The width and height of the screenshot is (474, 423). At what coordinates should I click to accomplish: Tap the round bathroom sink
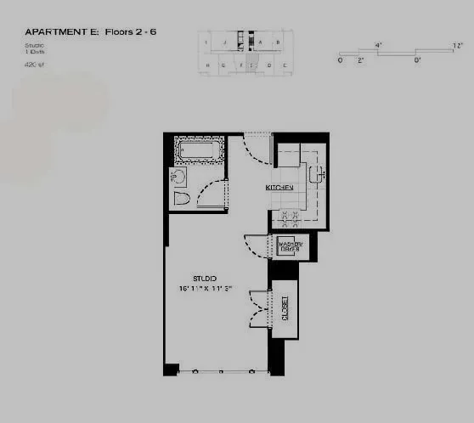coord(178,177)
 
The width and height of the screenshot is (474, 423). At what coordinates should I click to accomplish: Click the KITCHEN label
coord(279,188)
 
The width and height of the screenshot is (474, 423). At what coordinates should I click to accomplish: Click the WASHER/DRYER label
coord(291,246)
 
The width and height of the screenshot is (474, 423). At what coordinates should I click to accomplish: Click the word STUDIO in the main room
coord(204,278)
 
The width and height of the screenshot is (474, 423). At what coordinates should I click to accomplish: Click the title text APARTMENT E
coord(61,31)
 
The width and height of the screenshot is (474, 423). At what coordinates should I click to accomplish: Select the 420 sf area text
coord(36,64)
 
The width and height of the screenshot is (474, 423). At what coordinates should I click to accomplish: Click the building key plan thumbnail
coord(246,52)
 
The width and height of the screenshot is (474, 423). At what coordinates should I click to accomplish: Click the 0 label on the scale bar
coord(340,60)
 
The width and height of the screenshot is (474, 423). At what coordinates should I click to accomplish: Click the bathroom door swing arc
coord(211,195)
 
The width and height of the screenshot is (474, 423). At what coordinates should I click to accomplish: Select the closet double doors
coord(258,307)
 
